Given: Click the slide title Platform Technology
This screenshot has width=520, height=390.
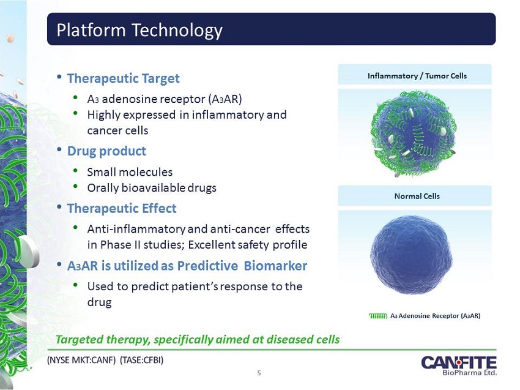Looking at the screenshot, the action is (x=139, y=30).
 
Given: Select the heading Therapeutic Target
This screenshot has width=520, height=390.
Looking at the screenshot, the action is (x=124, y=78).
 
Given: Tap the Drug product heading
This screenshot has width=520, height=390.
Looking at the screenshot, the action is (x=106, y=151).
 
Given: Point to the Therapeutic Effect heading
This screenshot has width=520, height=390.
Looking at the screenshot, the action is (x=122, y=208).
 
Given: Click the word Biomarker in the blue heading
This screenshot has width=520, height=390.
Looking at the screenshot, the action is (x=275, y=266).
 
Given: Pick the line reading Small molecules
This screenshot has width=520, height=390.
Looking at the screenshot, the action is (x=130, y=172).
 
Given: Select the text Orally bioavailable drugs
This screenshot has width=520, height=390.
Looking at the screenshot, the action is (x=152, y=188).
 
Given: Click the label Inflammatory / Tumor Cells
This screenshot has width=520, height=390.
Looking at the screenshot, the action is (x=417, y=76).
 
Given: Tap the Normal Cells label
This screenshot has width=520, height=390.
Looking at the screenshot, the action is (x=417, y=196).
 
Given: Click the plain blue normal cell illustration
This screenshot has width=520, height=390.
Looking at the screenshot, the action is (x=411, y=255).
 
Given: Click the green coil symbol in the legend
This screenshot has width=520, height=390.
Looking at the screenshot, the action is (x=377, y=316).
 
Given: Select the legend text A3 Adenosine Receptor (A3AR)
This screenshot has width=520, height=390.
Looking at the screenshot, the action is (x=435, y=316).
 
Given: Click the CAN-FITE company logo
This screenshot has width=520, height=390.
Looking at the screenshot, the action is (x=459, y=366).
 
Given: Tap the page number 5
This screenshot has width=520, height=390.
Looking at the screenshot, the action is (x=259, y=373).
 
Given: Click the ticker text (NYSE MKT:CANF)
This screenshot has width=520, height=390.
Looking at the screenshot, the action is (x=81, y=360).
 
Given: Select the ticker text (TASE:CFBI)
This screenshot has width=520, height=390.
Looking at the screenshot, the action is (x=141, y=360).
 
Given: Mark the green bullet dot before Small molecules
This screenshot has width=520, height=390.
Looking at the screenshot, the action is (x=76, y=171).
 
